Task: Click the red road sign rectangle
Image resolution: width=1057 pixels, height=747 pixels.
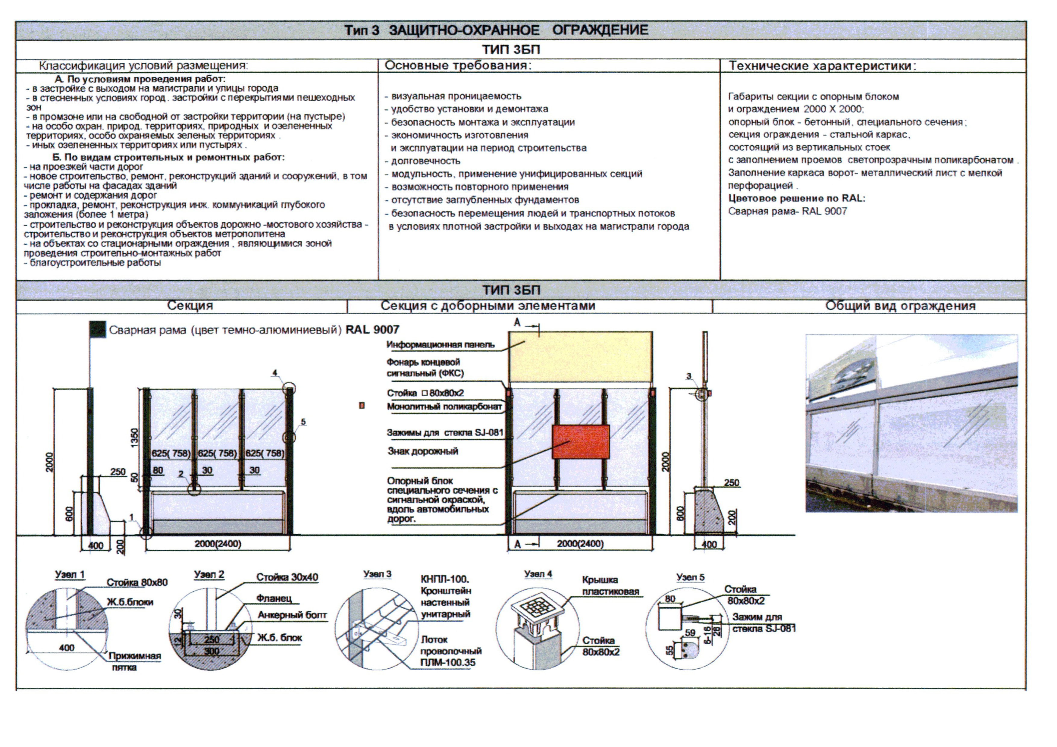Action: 581,442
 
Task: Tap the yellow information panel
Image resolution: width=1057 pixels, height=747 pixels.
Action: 581,357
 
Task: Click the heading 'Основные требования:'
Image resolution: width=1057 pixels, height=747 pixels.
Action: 458,66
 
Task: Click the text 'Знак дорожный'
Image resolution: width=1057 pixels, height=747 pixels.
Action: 423,451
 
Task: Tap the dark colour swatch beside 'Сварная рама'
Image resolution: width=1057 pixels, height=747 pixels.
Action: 97,330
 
